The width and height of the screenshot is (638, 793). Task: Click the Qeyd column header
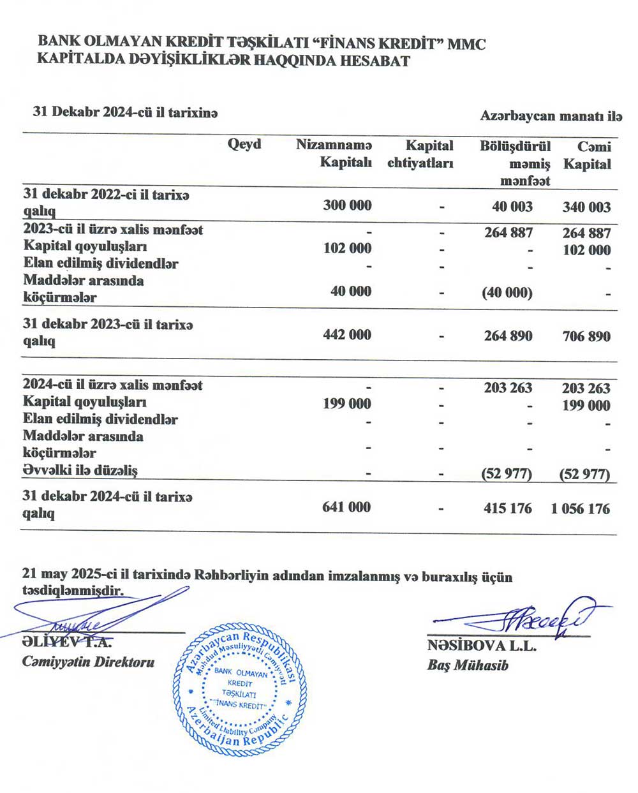[244, 144]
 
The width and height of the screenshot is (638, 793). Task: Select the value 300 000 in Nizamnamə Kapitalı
[347, 205]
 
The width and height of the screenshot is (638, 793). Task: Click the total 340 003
[586, 207]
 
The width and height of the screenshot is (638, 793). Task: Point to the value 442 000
[347, 335]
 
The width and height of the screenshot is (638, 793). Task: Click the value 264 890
[508, 336]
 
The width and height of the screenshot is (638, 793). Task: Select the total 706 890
[586, 336]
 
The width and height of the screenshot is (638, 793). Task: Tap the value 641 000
[346, 507]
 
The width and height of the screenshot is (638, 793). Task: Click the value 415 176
[508, 508]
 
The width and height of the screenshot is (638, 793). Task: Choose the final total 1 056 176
[581, 509]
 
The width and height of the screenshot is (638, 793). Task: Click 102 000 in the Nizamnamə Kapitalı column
[347, 248]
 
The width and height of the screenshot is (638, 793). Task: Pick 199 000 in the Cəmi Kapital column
[586, 406]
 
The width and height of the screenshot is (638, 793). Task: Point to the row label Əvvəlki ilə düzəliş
[80, 471]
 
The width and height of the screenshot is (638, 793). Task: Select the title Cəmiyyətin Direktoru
[88, 662]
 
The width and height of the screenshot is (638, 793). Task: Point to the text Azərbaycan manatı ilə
[551, 117]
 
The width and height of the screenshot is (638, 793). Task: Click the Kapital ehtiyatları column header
[420, 154]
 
